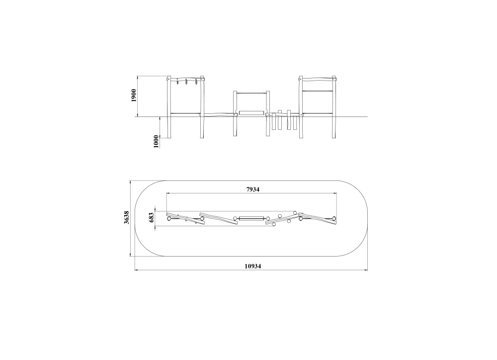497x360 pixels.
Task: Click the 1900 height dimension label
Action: [134, 95]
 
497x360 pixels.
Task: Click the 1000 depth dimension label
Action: [156, 141]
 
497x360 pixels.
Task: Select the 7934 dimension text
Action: [253, 189]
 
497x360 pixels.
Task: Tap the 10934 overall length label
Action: [252, 266]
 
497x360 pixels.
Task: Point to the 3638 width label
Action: [126, 218]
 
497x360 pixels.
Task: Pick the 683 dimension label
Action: [151, 217]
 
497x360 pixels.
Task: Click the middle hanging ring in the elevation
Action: [186, 83]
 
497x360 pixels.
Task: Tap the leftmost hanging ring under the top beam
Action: [177, 83]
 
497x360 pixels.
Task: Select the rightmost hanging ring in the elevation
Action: [196, 82]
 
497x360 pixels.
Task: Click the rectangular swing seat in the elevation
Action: [251, 112]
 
